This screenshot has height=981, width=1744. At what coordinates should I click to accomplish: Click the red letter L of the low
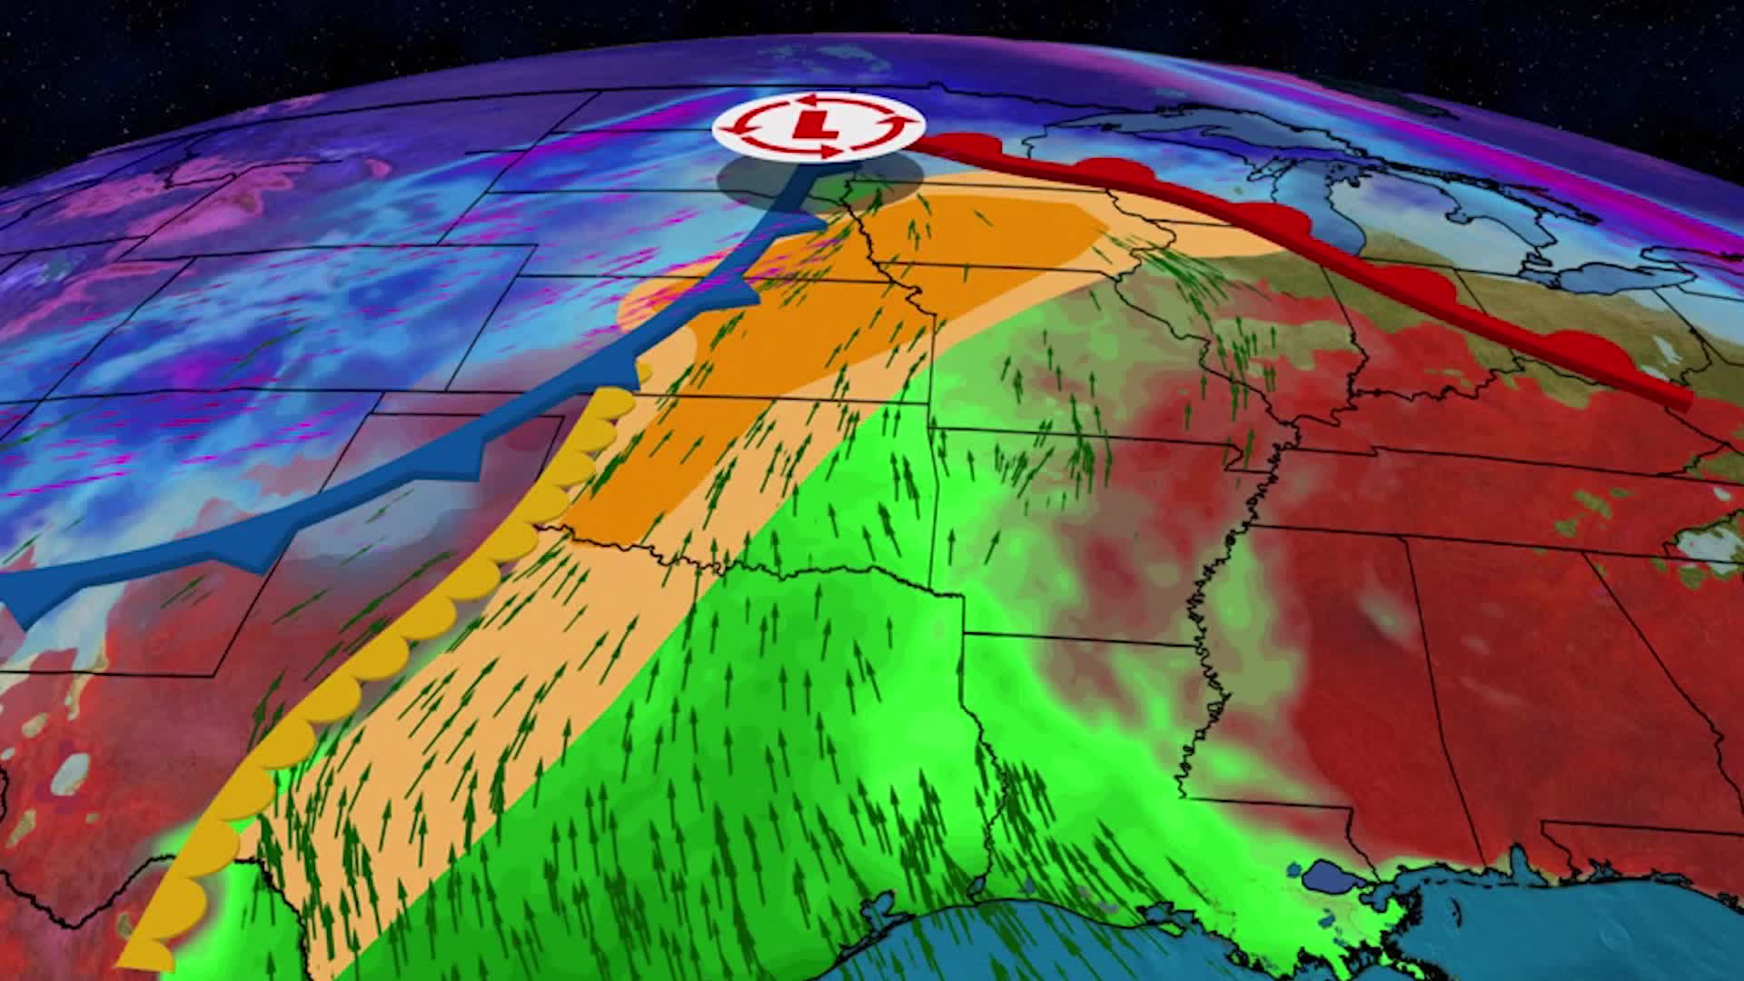[x=816, y=124]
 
